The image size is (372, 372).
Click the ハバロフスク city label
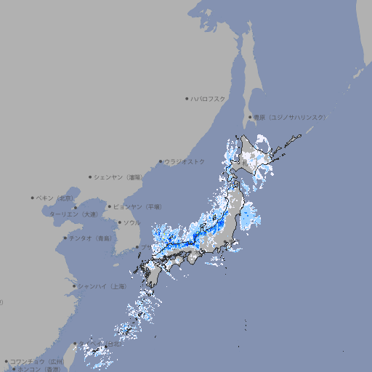[x=209, y=98]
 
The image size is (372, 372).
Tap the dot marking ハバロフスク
[x=187, y=98]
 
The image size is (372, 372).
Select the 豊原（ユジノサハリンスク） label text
[x=289, y=117]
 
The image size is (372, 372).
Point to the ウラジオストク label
[x=185, y=161]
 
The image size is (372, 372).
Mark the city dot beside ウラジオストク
[x=161, y=161]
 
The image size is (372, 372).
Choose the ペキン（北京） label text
[x=55, y=198]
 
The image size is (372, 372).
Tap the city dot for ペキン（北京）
[x=33, y=198]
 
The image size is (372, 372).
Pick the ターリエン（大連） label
[x=73, y=214]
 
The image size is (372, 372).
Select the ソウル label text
[x=132, y=222]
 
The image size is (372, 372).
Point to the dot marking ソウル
[x=118, y=222]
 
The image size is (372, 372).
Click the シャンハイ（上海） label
[x=102, y=286]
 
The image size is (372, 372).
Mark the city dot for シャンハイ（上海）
[x=74, y=286]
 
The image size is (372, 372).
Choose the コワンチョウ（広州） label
[x=36, y=361]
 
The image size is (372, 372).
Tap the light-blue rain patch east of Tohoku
[x=251, y=216]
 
